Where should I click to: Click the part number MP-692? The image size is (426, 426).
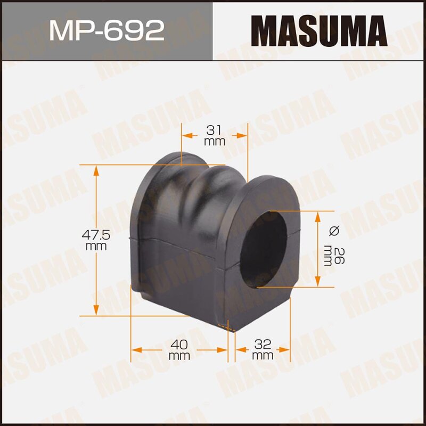106,31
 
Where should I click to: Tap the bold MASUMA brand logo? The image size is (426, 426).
319,31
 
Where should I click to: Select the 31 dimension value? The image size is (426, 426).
215,130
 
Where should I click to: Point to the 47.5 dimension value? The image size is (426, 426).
96,235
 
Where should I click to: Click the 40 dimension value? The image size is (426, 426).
179,343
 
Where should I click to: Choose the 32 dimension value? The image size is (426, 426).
263,343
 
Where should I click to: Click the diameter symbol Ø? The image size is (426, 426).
334,231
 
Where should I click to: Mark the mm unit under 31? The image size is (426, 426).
215,142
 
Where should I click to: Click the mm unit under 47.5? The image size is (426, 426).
96,246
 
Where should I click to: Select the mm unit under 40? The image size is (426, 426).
179,355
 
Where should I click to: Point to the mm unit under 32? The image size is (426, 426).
263,355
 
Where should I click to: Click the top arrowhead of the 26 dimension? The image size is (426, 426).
318,215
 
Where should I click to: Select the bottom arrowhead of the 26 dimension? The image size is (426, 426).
318,282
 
